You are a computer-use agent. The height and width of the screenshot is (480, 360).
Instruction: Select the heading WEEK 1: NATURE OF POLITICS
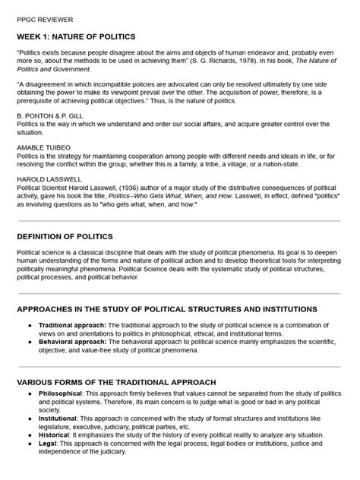coord(76,36)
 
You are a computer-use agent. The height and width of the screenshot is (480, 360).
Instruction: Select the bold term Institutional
coord(59,420)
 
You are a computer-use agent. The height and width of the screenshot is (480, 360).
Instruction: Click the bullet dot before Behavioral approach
coord(29,343)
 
